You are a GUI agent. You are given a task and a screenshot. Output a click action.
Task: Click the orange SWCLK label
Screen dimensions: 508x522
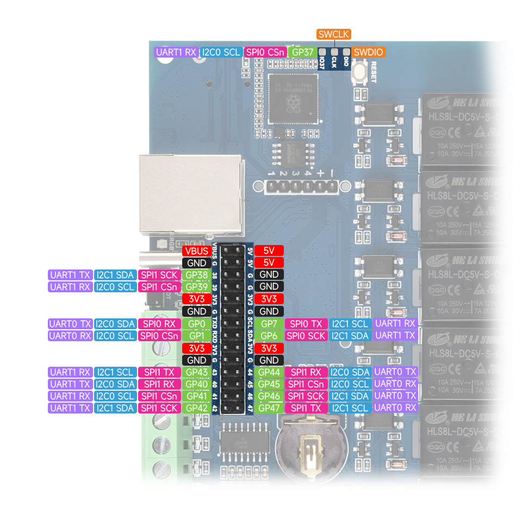point(334,34)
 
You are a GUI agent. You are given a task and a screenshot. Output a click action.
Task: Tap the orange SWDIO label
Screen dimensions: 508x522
point(368,52)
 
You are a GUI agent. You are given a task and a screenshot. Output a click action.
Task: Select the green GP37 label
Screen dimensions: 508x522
point(302,52)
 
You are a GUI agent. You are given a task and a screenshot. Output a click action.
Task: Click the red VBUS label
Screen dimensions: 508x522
point(196,251)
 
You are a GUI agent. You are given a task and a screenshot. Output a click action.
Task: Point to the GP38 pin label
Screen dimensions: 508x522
point(196,275)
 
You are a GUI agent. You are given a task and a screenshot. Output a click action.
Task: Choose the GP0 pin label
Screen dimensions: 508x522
point(196,324)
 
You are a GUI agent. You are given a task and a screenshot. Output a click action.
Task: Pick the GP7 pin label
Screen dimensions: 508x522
point(269,324)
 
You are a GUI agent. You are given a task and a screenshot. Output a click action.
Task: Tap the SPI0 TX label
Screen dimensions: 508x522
point(306,324)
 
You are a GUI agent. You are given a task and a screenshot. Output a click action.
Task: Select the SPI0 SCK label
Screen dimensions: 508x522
point(306,336)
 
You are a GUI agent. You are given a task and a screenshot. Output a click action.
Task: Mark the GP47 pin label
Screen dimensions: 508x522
point(269,408)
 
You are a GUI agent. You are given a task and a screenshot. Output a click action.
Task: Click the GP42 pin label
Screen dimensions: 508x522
point(196,408)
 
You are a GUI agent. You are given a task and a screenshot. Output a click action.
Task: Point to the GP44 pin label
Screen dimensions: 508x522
point(269,372)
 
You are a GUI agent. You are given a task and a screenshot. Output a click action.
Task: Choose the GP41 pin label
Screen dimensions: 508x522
point(196,396)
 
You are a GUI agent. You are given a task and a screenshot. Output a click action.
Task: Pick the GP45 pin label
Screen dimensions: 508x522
point(269,384)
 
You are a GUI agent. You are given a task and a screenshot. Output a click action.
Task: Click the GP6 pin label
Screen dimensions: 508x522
point(269,336)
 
